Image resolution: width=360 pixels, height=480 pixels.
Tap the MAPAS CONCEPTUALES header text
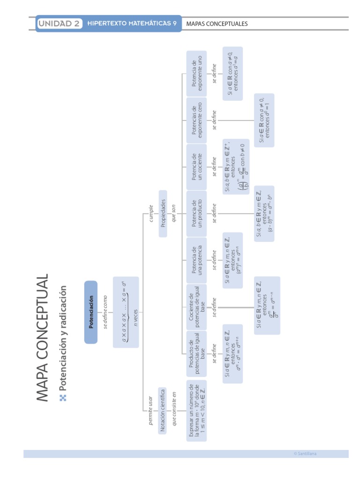point(217,24)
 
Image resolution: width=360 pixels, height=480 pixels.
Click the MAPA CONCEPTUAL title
point(42,337)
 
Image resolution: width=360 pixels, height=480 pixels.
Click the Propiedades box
point(163,213)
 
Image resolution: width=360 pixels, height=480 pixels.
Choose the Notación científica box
point(163,411)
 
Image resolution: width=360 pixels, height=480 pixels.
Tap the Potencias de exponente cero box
point(197,120)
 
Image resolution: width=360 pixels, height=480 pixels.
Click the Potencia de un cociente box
point(197,167)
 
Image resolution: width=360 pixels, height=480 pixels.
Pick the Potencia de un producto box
point(197,213)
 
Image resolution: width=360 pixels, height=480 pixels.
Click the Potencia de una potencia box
point(197,260)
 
